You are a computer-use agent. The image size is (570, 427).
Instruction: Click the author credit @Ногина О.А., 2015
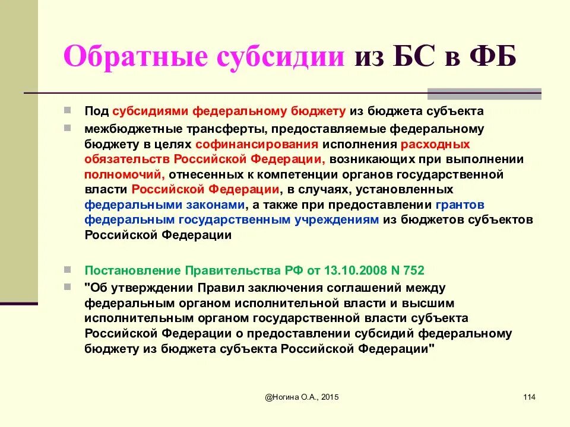pyautogui.click(x=303, y=397)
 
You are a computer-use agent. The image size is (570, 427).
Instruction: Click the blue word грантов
pyautogui.click(x=460, y=205)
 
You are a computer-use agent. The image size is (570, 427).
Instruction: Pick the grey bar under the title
pyautogui.click(x=484, y=93)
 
